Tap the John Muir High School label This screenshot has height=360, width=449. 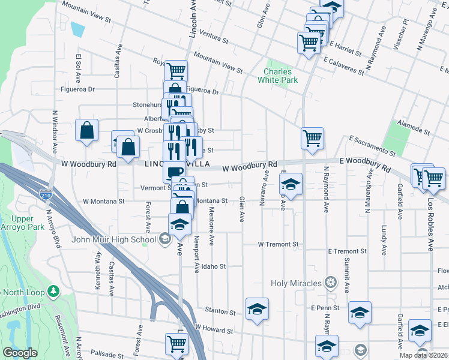(x=114, y=239)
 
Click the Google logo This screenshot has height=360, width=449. (x=20, y=353)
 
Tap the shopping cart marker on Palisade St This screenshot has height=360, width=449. (x=177, y=344)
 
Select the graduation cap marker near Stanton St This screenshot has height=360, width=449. (x=257, y=309)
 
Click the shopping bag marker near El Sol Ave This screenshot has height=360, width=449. (x=86, y=130)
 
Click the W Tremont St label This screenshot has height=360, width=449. (x=278, y=244)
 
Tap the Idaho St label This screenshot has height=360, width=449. (x=214, y=266)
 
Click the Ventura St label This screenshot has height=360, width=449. (x=215, y=41)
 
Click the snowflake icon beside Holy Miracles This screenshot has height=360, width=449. (x=330, y=281)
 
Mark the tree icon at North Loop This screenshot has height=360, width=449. (x=54, y=291)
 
